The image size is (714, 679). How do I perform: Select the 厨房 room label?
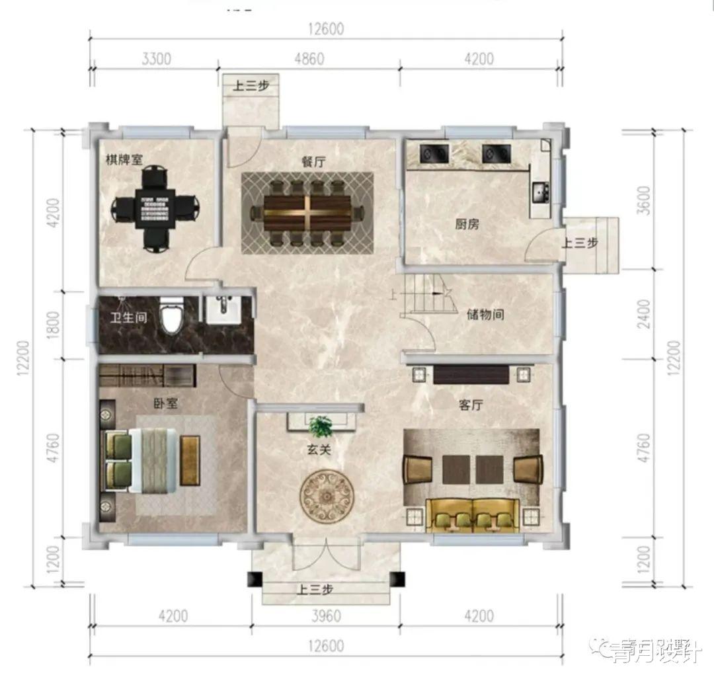click(x=467, y=224)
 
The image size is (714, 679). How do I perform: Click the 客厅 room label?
click(x=471, y=405)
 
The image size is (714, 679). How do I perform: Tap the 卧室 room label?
click(x=165, y=403)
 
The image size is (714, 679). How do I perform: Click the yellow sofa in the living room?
click(x=471, y=514)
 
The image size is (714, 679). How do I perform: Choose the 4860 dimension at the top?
click(x=309, y=58)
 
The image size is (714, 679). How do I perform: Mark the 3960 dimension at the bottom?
click(x=325, y=616)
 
